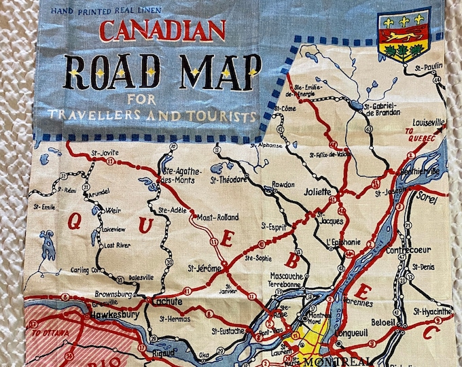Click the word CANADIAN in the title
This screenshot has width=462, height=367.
tap(162, 31)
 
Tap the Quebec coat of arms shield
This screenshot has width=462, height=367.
tap(404, 34)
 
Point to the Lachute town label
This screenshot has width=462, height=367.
tap(167, 302)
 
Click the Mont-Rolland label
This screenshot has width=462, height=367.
tap(217, 217)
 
